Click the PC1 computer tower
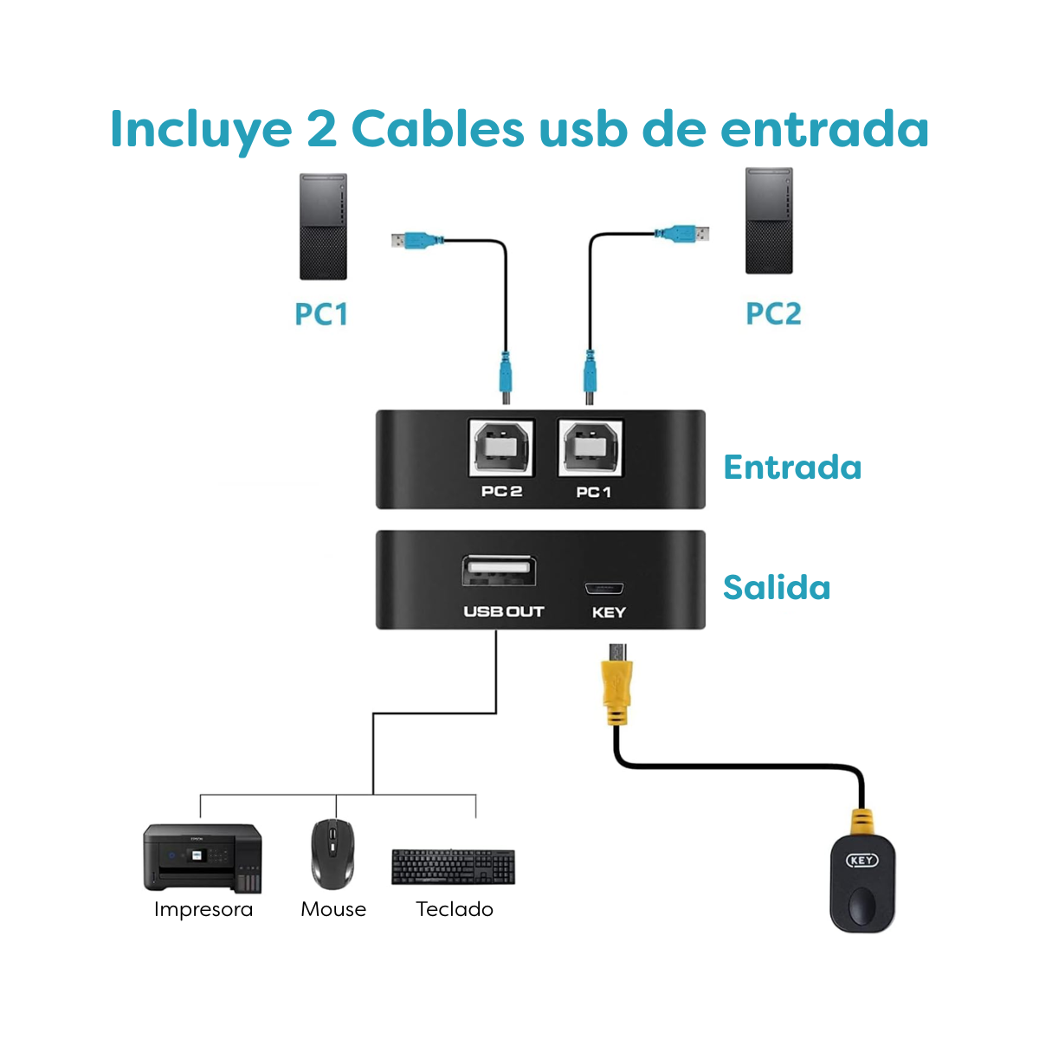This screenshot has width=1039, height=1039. (323, 227)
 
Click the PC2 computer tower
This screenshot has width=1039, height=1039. (769, 221)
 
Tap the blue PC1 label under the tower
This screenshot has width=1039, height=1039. (321, 313)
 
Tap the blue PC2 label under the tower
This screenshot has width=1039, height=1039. (773, 313)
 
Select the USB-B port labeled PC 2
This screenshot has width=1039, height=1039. (501, 448)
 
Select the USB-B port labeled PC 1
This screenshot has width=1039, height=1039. (592, 448)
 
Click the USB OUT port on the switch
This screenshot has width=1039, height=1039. (498, 573)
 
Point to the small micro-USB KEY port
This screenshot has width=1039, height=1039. (604, 589)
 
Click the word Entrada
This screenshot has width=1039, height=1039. (792, 468)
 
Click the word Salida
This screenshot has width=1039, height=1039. (777, 587)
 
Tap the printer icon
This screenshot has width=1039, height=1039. (203, 857)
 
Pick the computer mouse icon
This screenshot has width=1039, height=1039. (332, 853)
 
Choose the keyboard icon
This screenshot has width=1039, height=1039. (453, 866)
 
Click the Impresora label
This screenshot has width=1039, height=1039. (203, 909)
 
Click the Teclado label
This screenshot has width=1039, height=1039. (455, 909)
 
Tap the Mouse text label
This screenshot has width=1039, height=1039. (333, 909)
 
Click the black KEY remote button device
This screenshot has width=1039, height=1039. (862, 883)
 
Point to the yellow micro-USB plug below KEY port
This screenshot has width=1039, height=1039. (616, 688)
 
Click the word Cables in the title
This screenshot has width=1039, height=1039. (437, 130)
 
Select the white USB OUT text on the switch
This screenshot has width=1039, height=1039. (503, 611)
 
